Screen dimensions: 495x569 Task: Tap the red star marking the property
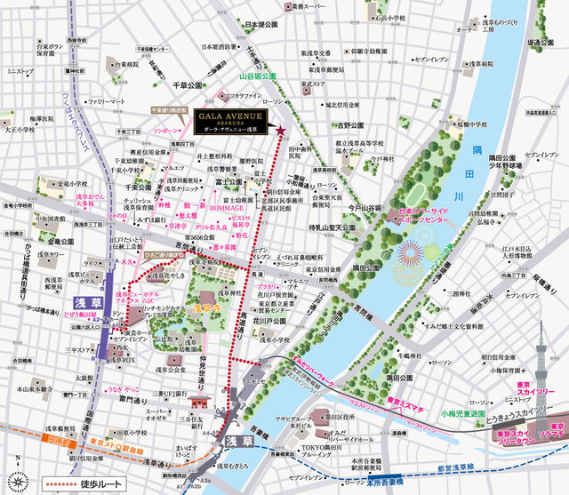pyautogui.click(x=281, y=132)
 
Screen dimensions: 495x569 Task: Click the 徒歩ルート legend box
pyautogui.click(x=84, y=483)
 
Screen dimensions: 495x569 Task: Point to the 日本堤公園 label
pyautogui.click(x=263, y=26)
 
